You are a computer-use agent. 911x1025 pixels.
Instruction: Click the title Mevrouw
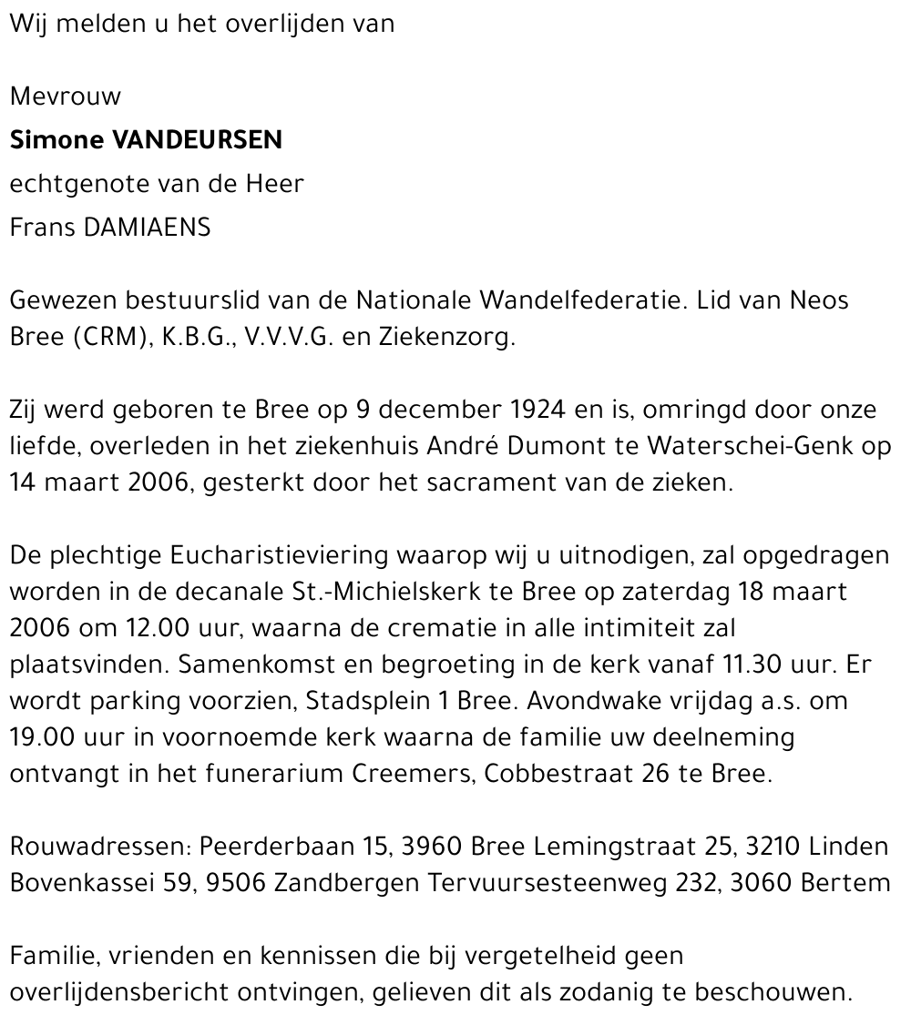click(65, 96)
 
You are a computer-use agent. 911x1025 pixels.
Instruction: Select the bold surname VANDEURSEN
click(198, 140)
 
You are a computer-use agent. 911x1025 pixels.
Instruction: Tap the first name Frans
click(43, 228)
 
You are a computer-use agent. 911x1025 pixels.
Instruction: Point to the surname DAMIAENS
click(148, 228)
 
